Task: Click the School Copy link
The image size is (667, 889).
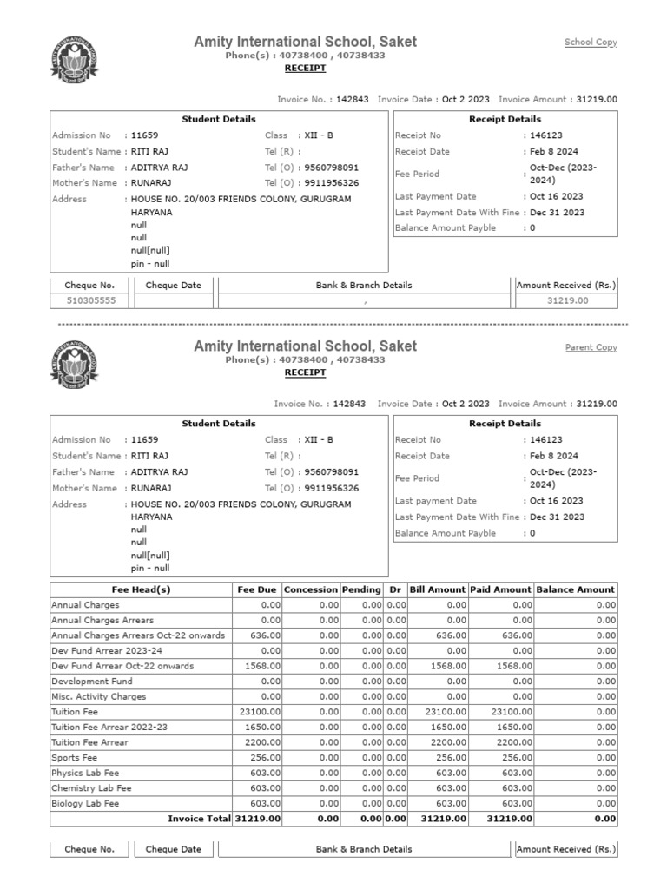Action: (x=591, y=43)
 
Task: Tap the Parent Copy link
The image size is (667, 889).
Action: (x=591, y=347)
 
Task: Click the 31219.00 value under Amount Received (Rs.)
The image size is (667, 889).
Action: (x=567, y=300)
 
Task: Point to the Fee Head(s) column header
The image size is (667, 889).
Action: (x=141, y=589)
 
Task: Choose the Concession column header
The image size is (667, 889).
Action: (x=311, y=589)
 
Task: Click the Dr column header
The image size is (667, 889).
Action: (x=396, y=589)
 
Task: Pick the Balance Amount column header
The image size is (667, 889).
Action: (x=576, y=589)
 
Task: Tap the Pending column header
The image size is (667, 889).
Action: (x=361, y=589)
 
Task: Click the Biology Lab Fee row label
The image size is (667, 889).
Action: (x=86, y=804)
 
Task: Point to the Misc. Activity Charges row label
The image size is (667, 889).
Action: (x=98, y=696)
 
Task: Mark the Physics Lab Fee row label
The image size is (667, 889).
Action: (x=85, y=773)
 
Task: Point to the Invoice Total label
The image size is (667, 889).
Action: (x=199, y=819)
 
